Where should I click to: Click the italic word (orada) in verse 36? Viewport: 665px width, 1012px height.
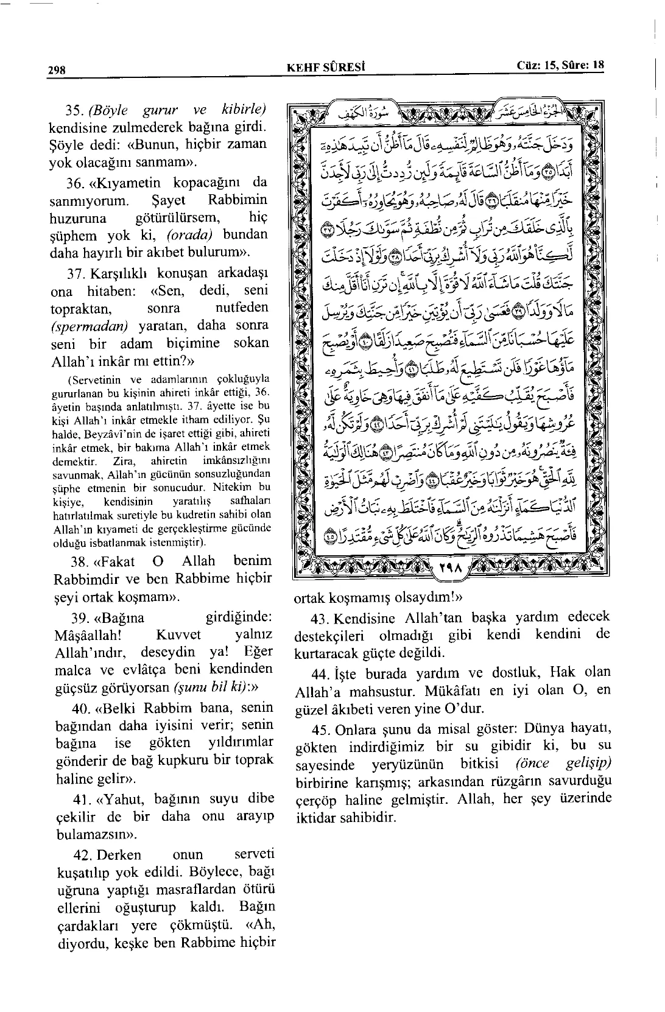pos(192,235)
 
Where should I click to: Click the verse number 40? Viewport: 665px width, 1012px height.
pos(81,709)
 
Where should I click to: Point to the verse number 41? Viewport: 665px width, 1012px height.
pos(81,798)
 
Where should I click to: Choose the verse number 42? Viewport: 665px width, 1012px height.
pos(81,854)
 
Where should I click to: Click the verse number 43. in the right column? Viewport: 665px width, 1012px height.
pos(320,618)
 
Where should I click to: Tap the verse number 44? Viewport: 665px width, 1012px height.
pos(320,673)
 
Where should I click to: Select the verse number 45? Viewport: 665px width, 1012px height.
pos(320,729)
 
